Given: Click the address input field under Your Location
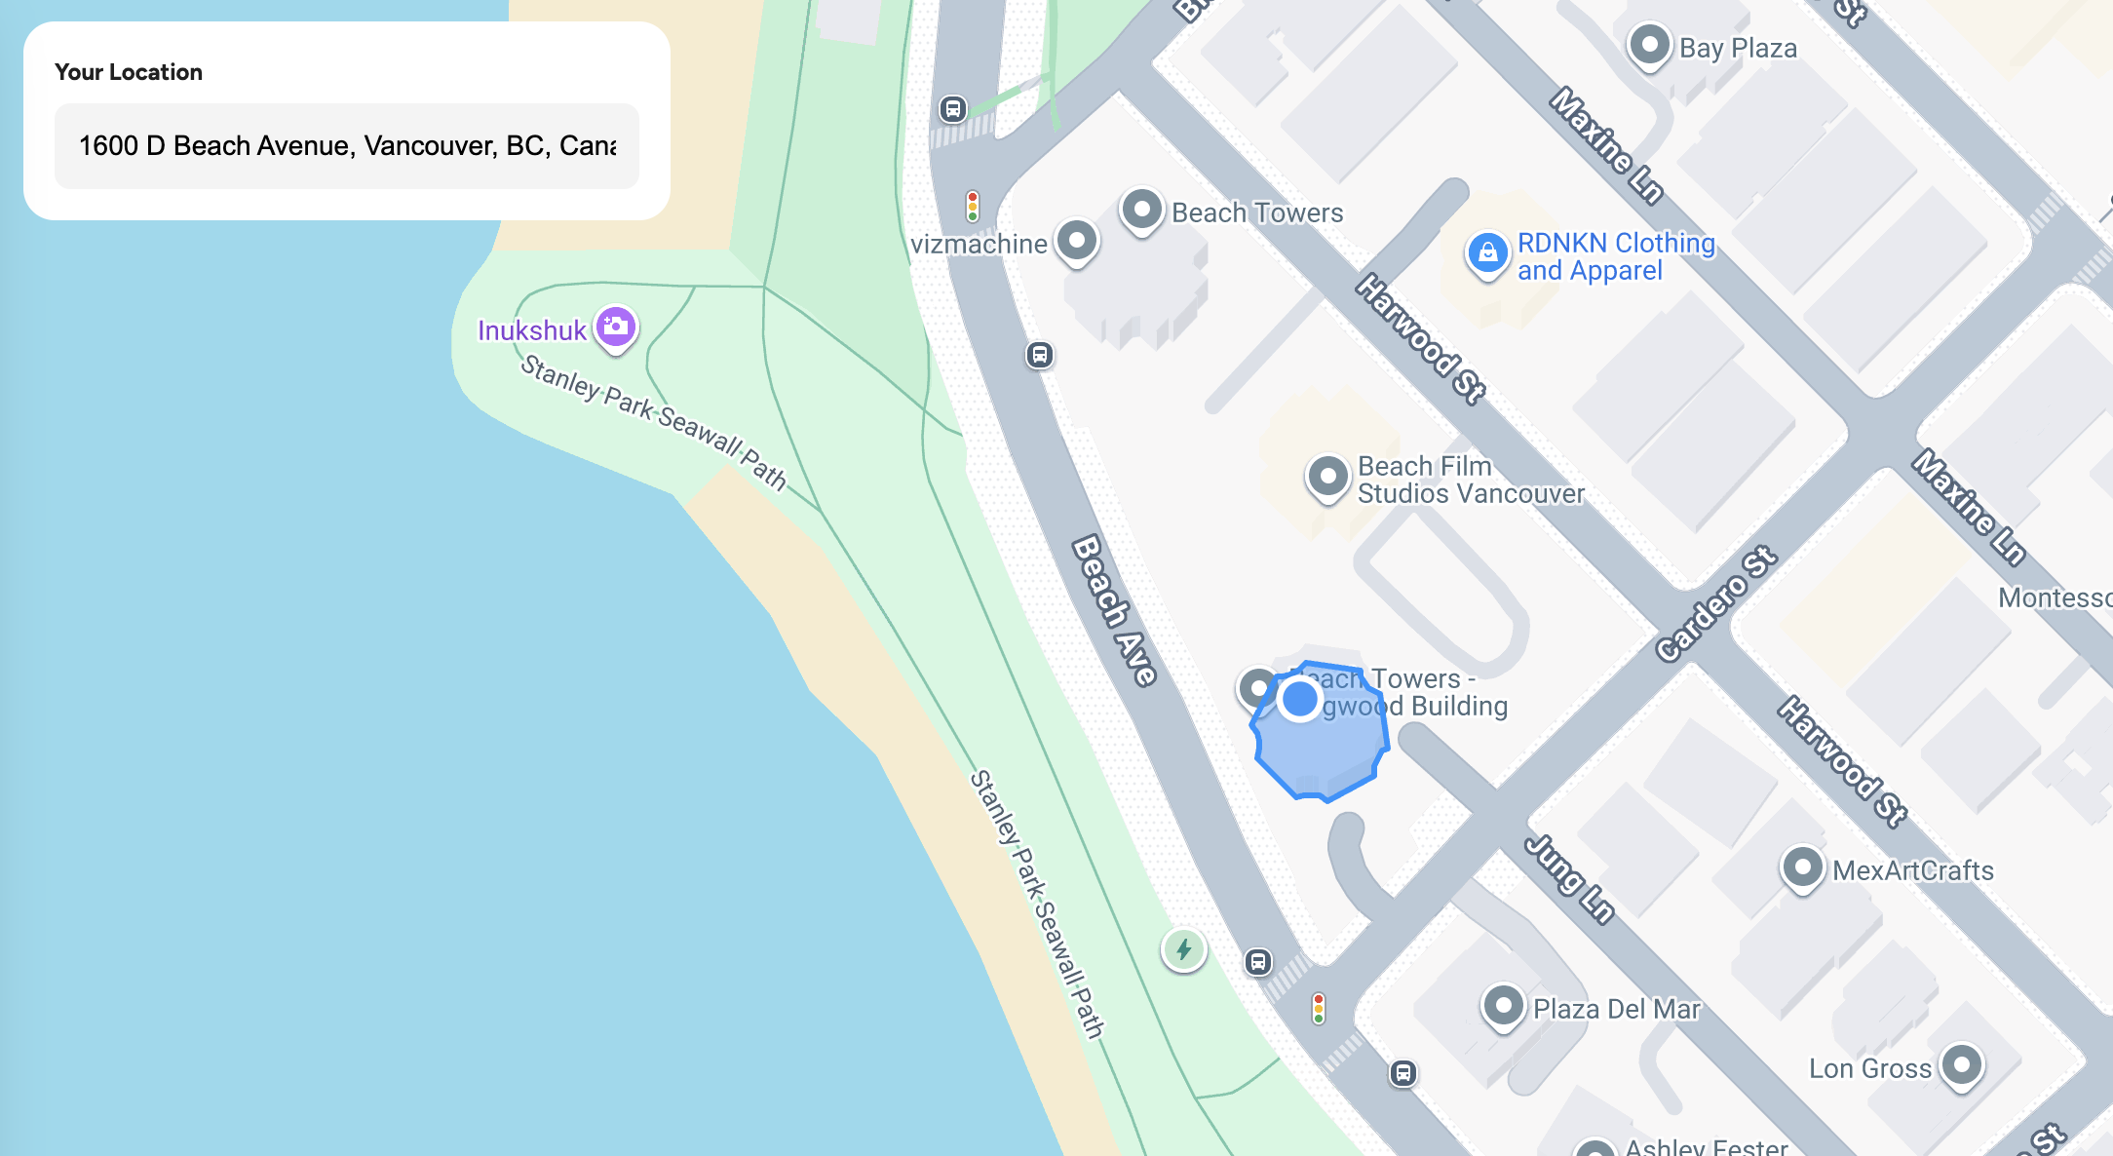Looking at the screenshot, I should coord(346,146).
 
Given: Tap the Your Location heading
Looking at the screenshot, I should coord(129,72).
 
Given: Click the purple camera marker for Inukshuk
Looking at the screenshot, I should coord(616,327).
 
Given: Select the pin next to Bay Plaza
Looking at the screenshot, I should coord(1649,45).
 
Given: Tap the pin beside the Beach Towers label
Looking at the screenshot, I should coord(1141,210).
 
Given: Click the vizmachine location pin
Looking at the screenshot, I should coord(1077,240).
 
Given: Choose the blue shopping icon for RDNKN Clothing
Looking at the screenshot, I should coord(1487,253).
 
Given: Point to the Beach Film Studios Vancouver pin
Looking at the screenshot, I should coord(1327,478).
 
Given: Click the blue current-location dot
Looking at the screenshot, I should coord(1299,699).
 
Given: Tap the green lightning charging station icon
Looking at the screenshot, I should coord(1184,949).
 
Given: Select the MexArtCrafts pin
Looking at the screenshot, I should coord(1802,867).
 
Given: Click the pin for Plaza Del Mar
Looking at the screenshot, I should coord(1503,1005).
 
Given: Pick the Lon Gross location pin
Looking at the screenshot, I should coord(1961,1064).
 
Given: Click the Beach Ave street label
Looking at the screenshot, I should coord(1114,610).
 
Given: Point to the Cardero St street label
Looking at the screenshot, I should coord(1716,604).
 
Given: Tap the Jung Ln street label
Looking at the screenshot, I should coord(1570,878).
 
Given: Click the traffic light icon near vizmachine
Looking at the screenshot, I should coord(973,207).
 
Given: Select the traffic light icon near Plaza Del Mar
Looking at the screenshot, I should coord(1319,1008).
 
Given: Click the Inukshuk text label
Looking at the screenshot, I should coord(531,330).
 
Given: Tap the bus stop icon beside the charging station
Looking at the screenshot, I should coord(1258,962).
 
